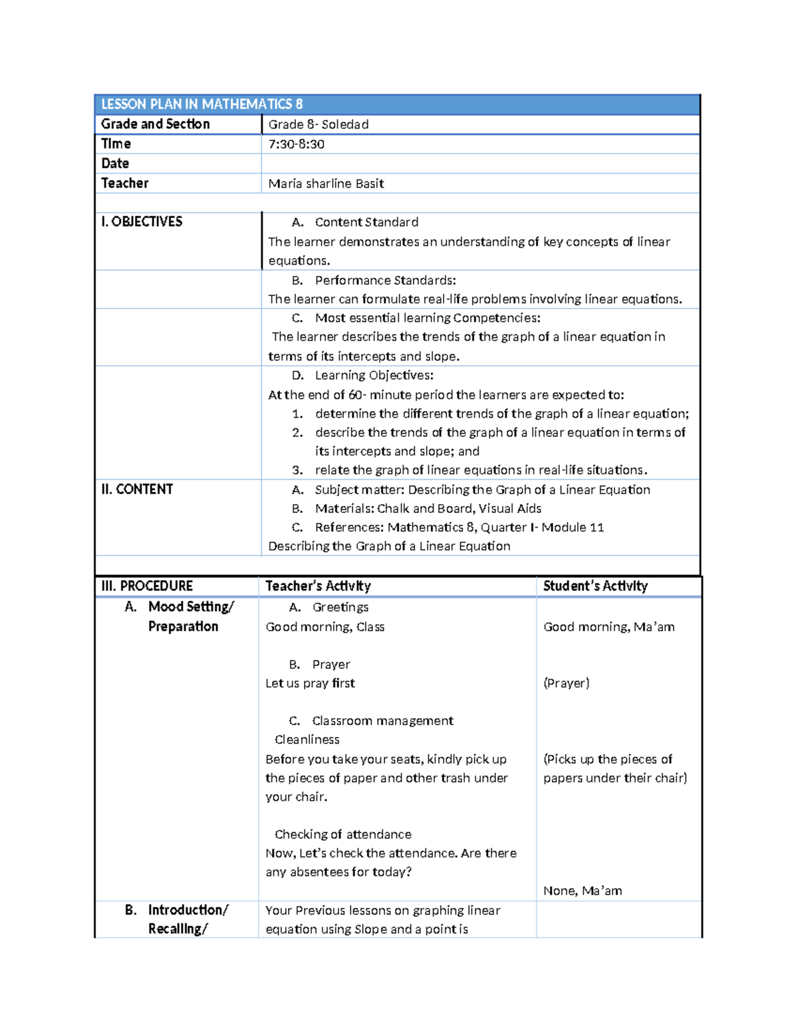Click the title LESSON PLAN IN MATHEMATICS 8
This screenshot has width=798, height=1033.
pos(201,104)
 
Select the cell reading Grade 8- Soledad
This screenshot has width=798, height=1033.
pos(319,124)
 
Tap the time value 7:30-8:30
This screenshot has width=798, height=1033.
pos(297,144)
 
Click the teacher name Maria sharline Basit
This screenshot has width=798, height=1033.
pos(326,184)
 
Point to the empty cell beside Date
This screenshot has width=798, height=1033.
pos(480,164)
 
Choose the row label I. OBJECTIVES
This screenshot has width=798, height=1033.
pos(142,221)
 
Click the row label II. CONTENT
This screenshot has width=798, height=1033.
pos(137,490)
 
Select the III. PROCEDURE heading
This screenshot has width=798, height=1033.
pos(147,586)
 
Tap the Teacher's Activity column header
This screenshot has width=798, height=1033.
pos(318,586)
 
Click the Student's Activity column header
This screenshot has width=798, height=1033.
pos(595,586)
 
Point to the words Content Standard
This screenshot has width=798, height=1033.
pos(366,222)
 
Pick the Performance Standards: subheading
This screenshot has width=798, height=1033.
pos(385,280)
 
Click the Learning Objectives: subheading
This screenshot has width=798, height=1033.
pos(374,375)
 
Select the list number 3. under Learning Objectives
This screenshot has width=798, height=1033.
pos(297,470)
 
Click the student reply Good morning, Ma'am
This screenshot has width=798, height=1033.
pos(608,627)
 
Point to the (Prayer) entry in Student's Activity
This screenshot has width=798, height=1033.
pos(566,683)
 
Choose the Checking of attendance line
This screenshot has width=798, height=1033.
pos(342,834)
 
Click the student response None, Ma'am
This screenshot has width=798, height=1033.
pos(583,891)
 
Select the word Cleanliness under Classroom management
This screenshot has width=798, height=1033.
pos(307,740)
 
